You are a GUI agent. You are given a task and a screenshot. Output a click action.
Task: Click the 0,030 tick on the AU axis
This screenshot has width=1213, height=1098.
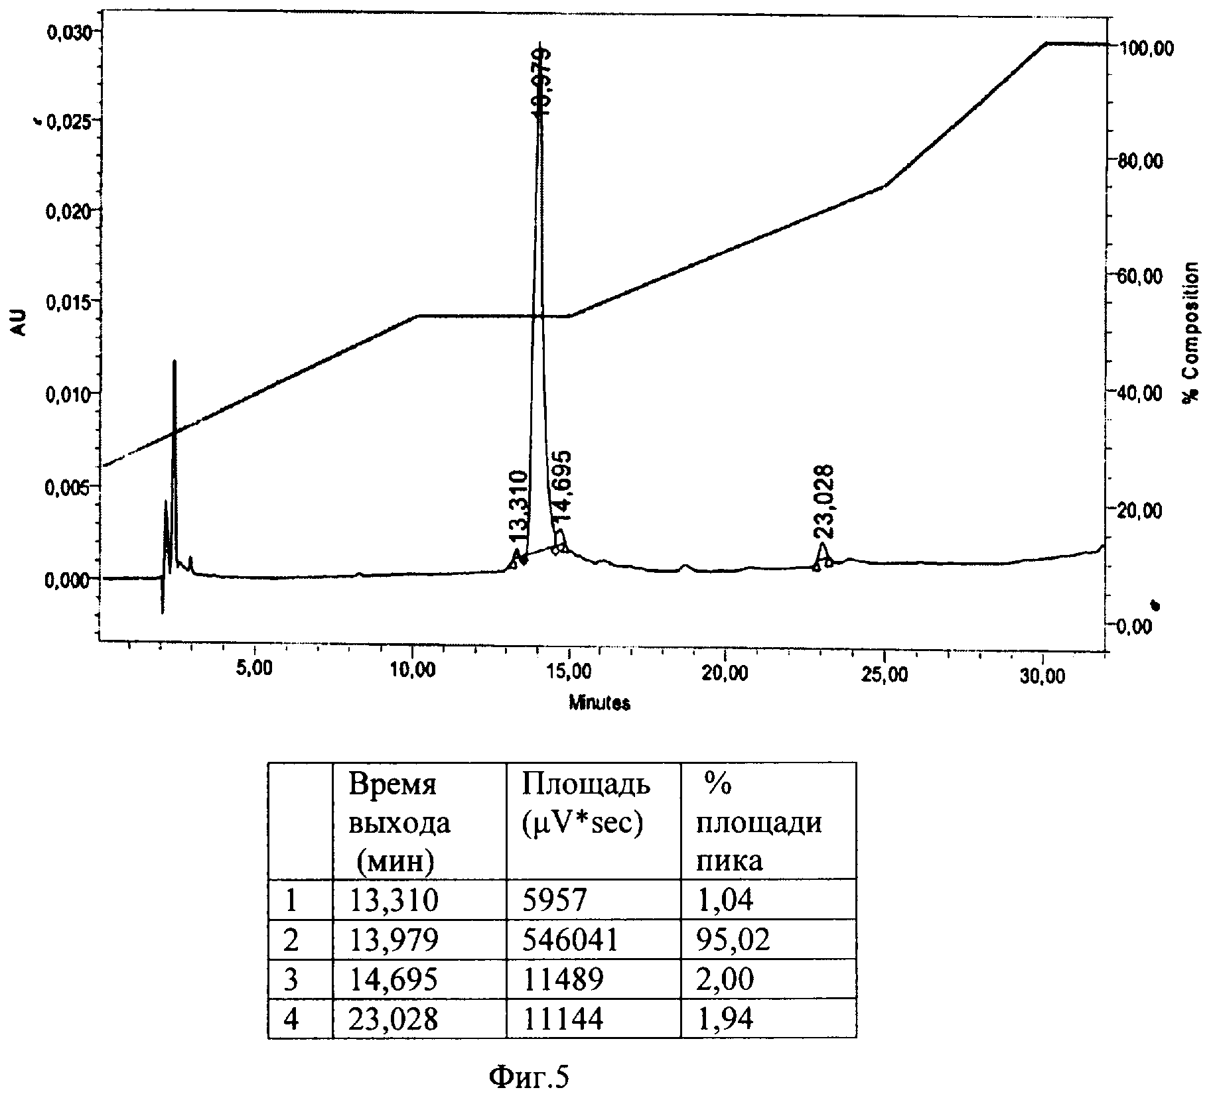click(70, 31)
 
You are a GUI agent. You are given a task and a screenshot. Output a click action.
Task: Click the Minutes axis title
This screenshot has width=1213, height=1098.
click(599, 703)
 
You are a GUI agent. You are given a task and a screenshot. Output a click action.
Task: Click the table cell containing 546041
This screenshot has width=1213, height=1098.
click(570, 940)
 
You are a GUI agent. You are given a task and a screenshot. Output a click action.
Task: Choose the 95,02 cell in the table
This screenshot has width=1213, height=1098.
click(733, 940)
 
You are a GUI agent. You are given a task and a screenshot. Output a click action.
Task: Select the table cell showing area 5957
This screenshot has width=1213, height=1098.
click(555, 900)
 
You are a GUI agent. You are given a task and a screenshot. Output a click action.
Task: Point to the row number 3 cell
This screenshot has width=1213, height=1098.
click(291, 979)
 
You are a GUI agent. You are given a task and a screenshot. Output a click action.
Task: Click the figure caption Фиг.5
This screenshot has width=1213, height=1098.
click(529, 1077)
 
